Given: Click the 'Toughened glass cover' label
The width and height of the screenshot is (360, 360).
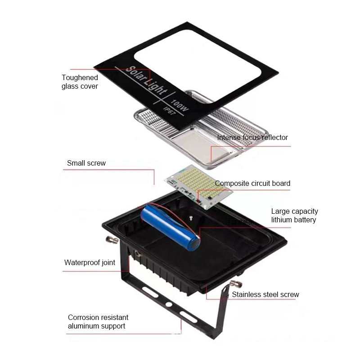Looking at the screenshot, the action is coord(80,82).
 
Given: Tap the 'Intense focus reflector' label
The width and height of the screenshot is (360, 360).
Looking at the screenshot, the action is coord(252,137).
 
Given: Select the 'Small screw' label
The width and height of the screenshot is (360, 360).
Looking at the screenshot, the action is coord(86,163).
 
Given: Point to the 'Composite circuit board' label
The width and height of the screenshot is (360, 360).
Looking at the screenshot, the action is coord(252,183).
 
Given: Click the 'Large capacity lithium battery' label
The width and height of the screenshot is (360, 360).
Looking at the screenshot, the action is coord(294,216).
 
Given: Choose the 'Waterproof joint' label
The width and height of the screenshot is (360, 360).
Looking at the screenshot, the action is coord(90,262).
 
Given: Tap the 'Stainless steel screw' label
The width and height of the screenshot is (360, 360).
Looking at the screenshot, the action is coord(265,295).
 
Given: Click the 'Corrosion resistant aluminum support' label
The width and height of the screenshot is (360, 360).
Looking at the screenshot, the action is coord(98,321).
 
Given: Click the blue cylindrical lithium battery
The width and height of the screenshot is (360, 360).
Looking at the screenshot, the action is coord(170,227).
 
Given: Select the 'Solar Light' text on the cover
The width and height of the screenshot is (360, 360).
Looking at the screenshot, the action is coord(146,81).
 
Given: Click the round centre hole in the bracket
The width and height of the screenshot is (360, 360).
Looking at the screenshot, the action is coord(169,304).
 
